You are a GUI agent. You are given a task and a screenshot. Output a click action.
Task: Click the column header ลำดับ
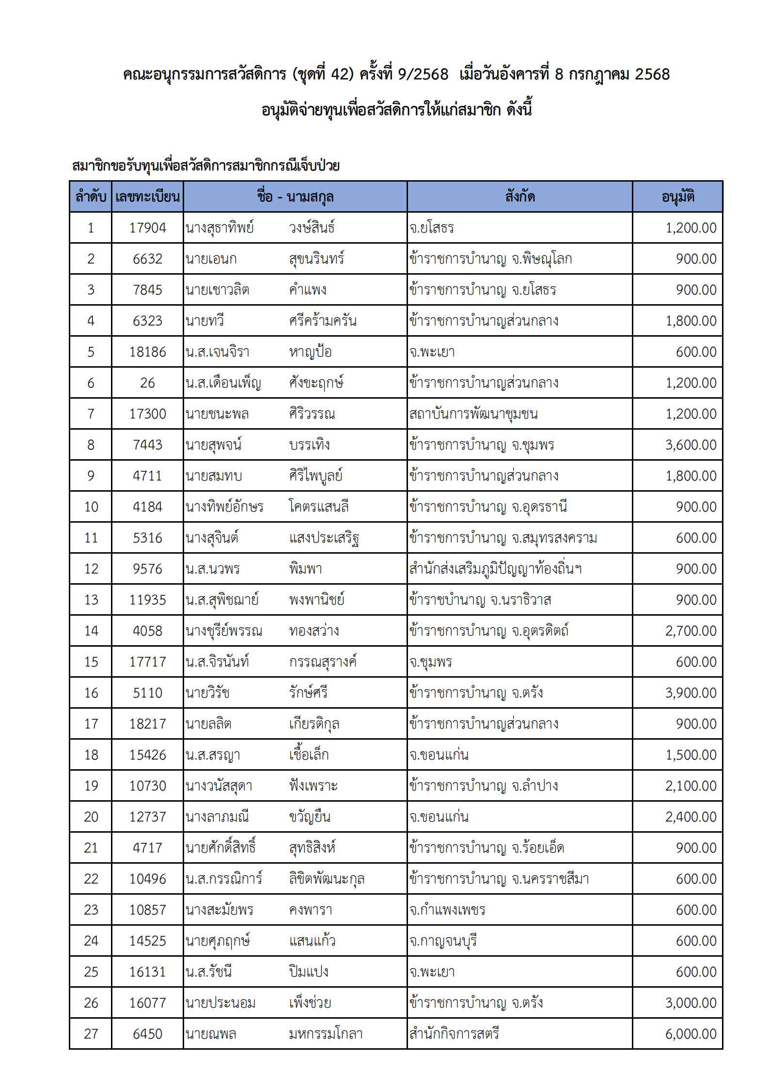pyautogui.click(x=91, y=197)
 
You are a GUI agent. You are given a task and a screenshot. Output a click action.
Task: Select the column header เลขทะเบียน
pyautogui.click(x=147, y=197)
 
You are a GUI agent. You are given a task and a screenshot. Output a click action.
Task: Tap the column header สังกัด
pyautogui.click(x=519, y=197)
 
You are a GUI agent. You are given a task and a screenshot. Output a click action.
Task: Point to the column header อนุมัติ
pyautogui.click(x=677, y=197)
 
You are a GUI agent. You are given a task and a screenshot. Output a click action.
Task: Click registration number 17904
pyautogui.click(x=147, y=228)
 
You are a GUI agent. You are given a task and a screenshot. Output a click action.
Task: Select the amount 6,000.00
pyautogui.click(x=690, y=1034)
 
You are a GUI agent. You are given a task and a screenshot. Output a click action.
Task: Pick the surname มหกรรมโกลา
pyautogui.click(x=326, y=1034)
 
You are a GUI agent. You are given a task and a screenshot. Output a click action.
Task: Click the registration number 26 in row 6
pyautogui.click(x=147, y=383)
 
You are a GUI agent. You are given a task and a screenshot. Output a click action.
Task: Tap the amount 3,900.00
pyautogui.click(x=690, y=693)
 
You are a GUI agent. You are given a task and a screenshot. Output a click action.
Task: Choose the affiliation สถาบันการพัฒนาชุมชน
pyautogui.click(x=473, y=414)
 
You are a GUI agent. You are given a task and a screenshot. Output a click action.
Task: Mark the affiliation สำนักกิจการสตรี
pyautogui.click(x=454, y=1034)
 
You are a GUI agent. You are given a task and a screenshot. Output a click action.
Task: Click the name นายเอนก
pyautogui.click(x=211, y=259)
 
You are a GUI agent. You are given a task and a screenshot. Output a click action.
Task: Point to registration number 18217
pyautogui.click(x=147, y=724)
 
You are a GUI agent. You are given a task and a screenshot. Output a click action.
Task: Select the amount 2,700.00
pyautogui.click(x=690, y=631)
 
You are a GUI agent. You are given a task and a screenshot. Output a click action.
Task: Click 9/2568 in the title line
pyautogui.click(x=423, y=74)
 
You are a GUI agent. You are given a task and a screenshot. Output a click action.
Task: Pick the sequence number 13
pyautogui.click(x=91, y=600)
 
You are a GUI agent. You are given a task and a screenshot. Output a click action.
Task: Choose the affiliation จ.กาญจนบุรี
pyautogui.click(x=443, y=941)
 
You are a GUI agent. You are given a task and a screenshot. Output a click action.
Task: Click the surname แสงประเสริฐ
pyautogui.click(x=324, y=538)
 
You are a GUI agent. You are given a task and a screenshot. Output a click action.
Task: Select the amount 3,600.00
pyautogui.click(x=690, y=445)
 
